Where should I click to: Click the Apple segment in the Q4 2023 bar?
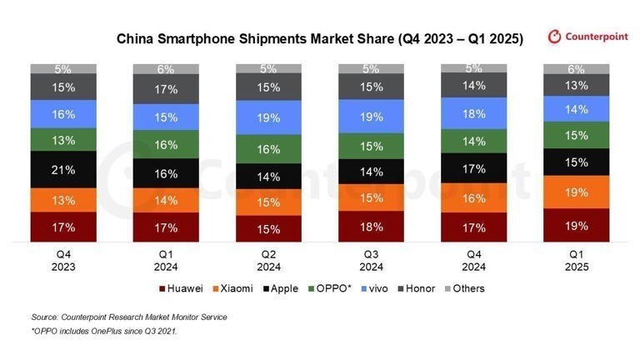(x=63, y=169)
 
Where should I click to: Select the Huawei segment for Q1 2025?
(x=576, y=225)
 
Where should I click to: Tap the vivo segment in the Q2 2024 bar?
(x=268, y=118)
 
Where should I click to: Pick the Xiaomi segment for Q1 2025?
(x=576, y=192)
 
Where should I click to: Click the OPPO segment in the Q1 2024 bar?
(x=166, y=144)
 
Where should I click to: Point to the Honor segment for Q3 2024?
(x=371, y=87)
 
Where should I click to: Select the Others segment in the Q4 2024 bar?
(x=473, y=68)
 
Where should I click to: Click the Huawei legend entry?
(x=181, y=288)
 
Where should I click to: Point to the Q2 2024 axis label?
(x=268, y=262)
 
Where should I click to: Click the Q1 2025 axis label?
(x=576, y=262)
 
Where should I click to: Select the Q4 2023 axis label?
(x=63, y=262)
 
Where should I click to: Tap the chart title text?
(x=319, y=38)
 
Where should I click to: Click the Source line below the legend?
(x=128, y=317)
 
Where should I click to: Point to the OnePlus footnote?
(x=104, y=332)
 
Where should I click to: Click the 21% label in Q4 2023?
(x=63, y=169)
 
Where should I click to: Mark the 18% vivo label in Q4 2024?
(x=473, y=113)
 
